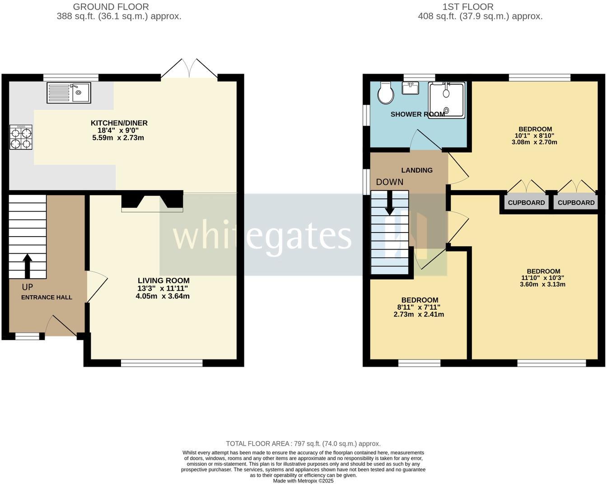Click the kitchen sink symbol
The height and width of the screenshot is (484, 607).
pos(69,93)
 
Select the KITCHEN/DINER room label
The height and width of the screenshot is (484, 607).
pos(119,123)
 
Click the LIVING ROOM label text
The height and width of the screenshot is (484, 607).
pos(163,280)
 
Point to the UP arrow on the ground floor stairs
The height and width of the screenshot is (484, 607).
pos(27,266)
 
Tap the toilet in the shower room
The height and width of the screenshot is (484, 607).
pos(386,93)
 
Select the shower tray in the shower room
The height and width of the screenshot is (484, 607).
pos(446,100)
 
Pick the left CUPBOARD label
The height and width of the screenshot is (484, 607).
pos(526,203)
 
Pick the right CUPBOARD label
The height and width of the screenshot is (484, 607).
pos(576,203)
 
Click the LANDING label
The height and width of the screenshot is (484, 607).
pos(417,170)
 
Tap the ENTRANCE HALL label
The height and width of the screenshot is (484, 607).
pos(47,298)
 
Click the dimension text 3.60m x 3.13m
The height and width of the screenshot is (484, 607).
pos(542,284)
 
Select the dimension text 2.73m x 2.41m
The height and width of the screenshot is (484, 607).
pos(419,314)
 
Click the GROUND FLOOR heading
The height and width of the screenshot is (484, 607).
pos(111,7)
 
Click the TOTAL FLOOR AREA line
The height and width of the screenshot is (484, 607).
pos(303,443)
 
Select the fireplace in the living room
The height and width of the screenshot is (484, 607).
pos(152,201)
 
